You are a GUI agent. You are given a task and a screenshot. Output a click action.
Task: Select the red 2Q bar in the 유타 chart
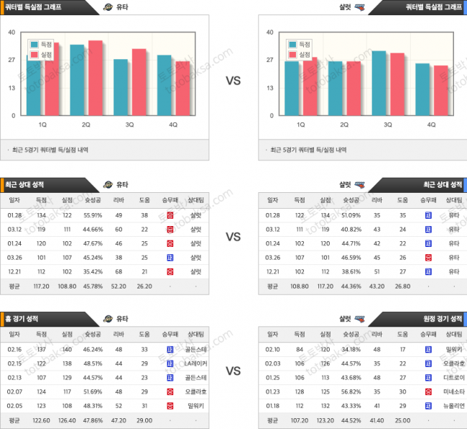[x=95, y=78]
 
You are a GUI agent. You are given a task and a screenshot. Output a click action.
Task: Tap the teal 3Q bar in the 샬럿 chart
[x=379, y=83]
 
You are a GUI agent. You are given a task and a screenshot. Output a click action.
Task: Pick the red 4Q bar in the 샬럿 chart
[x=440, y=90]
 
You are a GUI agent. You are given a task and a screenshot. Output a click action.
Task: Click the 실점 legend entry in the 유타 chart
[x=43, y=54]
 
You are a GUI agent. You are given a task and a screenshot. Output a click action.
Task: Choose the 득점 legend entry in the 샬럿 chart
[x=300, y=44]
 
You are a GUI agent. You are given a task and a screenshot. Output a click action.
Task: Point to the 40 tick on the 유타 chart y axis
[x=11, y=32]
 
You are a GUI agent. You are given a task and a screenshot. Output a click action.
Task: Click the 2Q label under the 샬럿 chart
[x=344, y=125]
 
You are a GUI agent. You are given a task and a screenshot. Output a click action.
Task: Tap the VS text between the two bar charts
[x=233, y=81]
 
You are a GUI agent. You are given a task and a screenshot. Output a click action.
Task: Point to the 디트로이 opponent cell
[x=453, y=376]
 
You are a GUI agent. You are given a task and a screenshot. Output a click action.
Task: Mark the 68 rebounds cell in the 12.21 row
[x=119, y=271]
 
